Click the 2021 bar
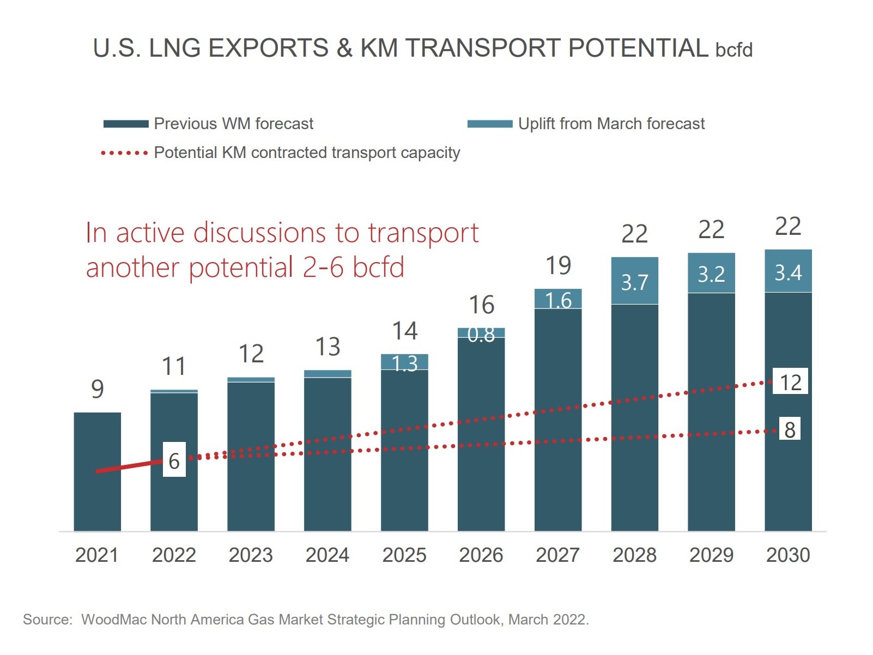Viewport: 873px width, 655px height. point(97,501)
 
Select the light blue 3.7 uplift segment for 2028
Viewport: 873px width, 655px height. point(634,281)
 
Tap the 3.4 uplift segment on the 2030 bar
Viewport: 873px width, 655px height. point(788,271)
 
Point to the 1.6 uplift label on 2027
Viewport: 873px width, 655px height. point(558,300)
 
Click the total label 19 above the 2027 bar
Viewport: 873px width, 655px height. point(558,266)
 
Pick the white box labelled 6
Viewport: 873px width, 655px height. point(174,460)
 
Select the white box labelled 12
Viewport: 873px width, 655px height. point(790,382)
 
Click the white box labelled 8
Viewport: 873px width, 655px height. point(790,429)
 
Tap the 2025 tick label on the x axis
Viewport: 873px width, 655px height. point(404,555)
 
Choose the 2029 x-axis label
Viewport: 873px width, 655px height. point(711,555)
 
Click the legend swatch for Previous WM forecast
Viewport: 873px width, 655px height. point(126,124)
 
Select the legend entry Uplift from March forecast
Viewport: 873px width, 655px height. point(611,124)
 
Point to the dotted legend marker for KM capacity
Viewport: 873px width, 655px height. point(124,153)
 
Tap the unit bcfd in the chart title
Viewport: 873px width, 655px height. point(733,50)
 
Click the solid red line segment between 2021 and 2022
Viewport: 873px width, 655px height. point(130,466)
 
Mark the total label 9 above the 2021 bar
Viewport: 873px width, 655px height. point(98,389)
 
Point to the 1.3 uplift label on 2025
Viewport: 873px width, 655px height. point(404,363)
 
